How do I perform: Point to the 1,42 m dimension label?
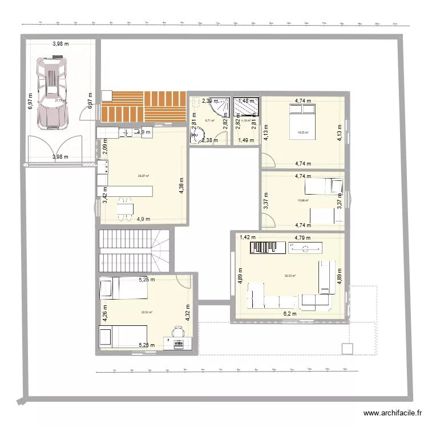tap(247, 237)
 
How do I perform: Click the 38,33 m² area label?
tap(289, 276)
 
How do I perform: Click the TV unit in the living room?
tap(305, 248)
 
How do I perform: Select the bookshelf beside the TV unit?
tap(269, 247)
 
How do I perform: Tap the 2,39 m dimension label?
tap(209, 101)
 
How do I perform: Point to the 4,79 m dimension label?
tap(302, 237)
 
